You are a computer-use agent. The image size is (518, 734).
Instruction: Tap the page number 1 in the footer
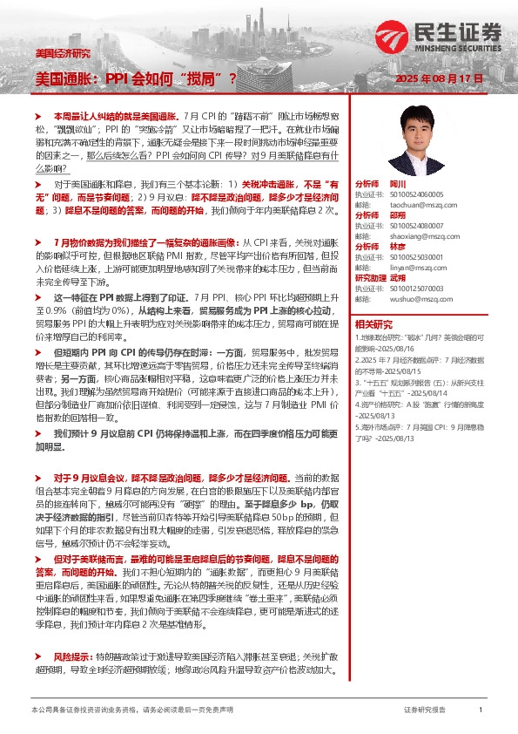[x=481, y=710]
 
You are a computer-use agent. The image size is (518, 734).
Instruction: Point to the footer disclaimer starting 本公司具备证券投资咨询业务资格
[x=131, y=710]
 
